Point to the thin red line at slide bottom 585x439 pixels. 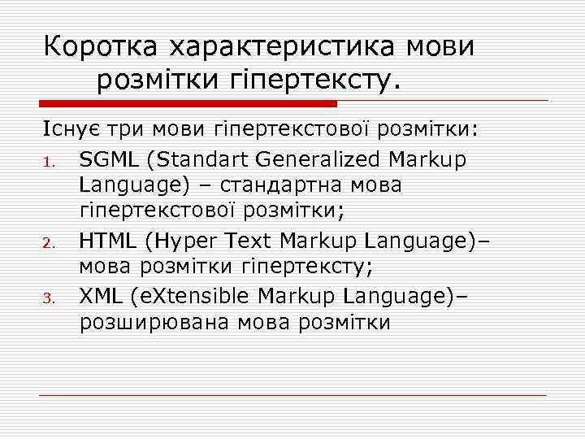click(292, 395)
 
